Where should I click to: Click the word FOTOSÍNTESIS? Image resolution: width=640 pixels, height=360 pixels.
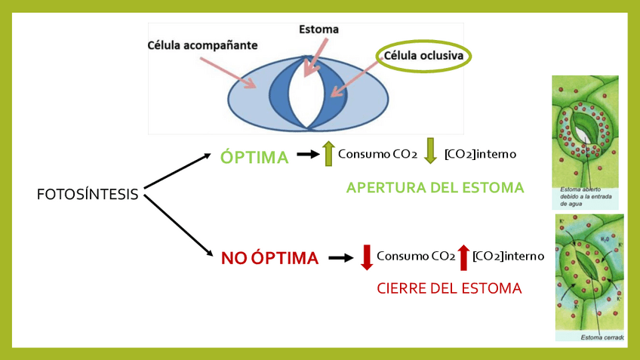[88, 195]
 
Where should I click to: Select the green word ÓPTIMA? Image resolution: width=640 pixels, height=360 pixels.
[254, 157]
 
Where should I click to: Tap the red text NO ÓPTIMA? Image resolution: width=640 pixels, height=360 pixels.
[269, 258]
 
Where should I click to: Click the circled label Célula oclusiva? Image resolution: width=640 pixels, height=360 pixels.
[424, 56]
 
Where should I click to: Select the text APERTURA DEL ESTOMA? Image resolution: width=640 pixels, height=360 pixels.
[435, 188]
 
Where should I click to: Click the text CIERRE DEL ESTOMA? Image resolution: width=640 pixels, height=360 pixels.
[449, 288]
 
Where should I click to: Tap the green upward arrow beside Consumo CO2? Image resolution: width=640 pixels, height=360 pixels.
[328, 153]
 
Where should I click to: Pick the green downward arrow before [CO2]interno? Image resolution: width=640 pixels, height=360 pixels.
[430, 151]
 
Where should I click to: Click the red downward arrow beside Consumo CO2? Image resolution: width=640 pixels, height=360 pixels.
[367, 257]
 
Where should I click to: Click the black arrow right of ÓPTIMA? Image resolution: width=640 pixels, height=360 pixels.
[308, 155]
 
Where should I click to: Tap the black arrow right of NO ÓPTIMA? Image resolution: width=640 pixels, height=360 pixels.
[341, 257]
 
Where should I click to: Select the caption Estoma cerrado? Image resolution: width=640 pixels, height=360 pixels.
[602, 337]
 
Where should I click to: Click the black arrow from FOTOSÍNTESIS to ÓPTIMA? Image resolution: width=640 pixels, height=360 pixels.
[177, 171]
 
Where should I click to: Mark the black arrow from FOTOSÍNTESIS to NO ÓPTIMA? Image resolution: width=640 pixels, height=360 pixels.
[177, 226]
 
